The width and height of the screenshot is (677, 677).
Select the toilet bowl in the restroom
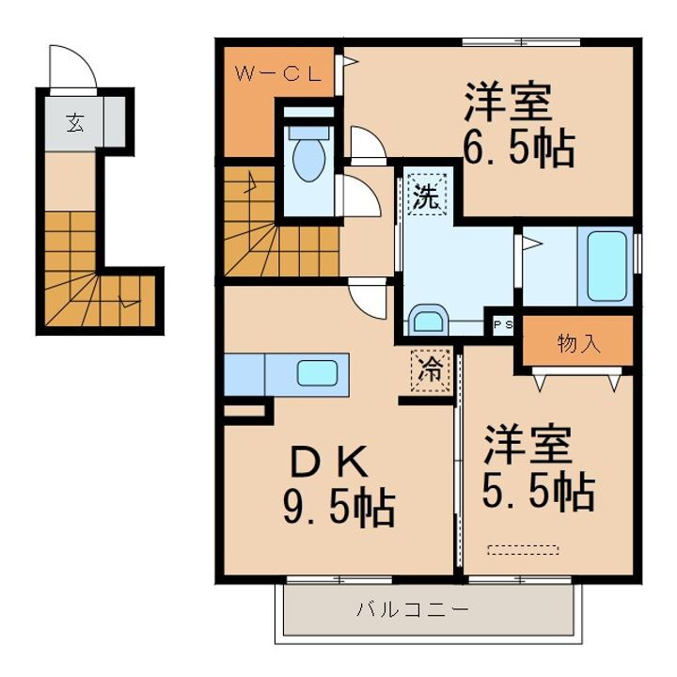point(307,159)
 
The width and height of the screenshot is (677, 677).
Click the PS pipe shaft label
point(503,324)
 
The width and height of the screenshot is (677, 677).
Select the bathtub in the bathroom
point(607,265)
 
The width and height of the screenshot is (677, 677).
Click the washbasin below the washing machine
point(429,321)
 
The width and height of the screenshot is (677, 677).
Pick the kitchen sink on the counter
point(316,373)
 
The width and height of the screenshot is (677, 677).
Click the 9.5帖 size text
point(338,509)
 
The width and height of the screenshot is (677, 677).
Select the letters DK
point(324,462)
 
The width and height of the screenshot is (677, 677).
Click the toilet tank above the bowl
point(308,123)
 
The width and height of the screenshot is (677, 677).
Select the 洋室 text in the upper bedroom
point(506,102)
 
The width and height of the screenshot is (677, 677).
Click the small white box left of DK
point(244,410)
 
